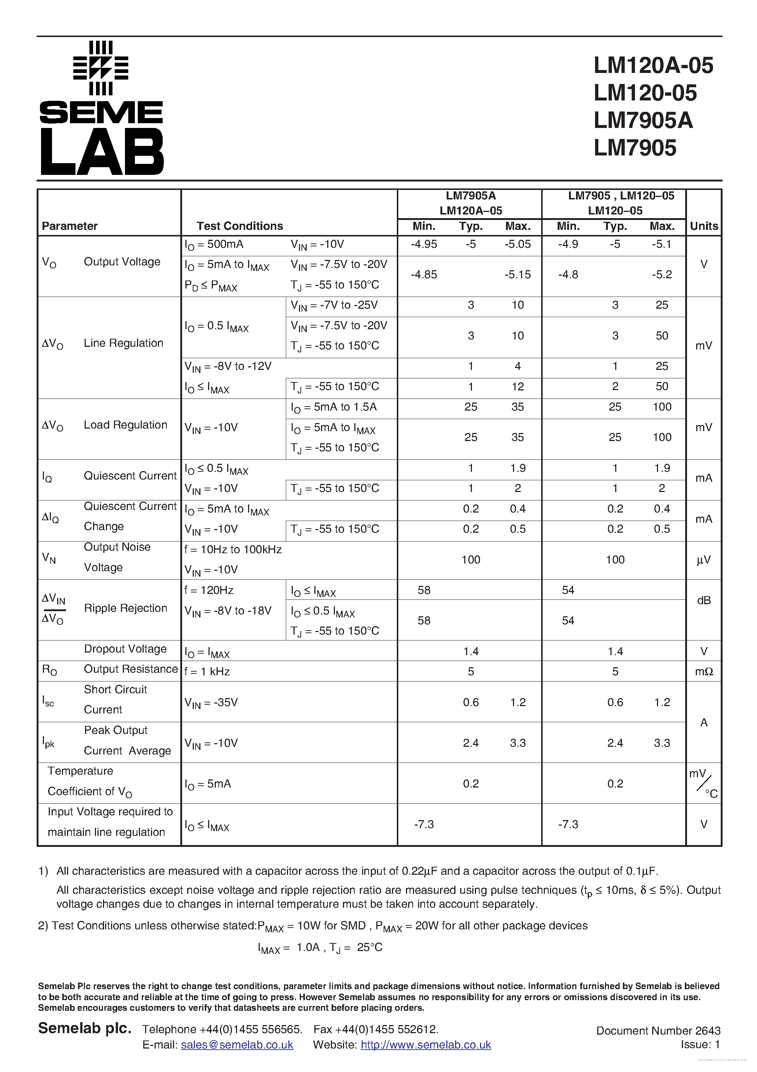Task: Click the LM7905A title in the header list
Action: tap(643, 121)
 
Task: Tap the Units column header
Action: tap(704, 226)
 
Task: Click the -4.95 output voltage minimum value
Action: tap(424, 244)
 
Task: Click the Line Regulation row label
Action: tap(123, 343)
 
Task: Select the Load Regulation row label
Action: tap(125, 425)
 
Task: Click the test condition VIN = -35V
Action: tap(211, 703)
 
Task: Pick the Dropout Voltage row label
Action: tap(125, 649)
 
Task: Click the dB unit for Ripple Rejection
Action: tap(704, 601)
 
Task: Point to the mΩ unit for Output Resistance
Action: tap(704, 671)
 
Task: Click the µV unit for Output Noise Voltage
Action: tap(704, 560)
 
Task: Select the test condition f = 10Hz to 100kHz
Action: tap(233, 550)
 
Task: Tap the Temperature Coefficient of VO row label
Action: tap(90, 781)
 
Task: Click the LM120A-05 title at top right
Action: tap(653, 65)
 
